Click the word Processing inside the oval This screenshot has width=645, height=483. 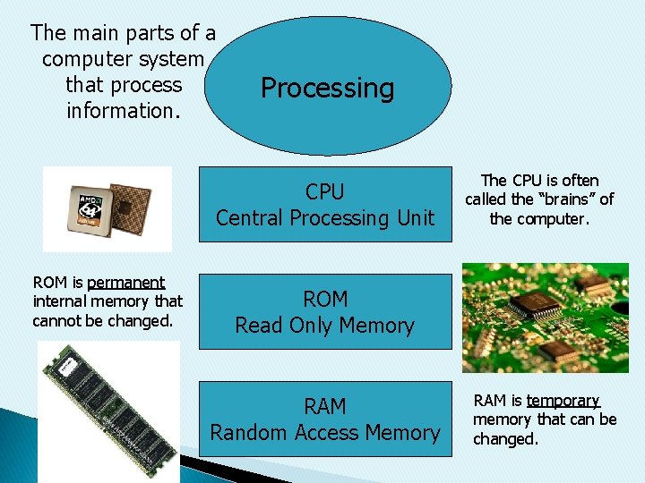click(x=327, y=89)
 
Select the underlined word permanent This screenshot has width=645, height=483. click(x=126, y=283)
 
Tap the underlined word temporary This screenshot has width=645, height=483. click(x=563, y=402)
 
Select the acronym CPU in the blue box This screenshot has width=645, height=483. click(x=324, y=192)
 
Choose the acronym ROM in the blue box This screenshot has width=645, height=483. click(x=325, y=300)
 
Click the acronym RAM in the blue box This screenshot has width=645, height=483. click(x=324, y=407)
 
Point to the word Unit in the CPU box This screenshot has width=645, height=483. click(x=412, y=218)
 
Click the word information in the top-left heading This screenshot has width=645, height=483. click(x=124, y=112)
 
